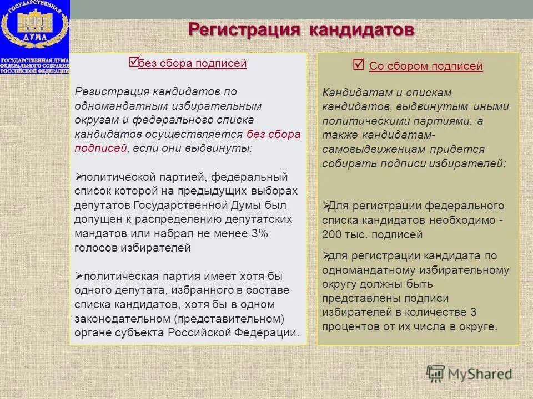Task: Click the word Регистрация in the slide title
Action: tap(243, 29)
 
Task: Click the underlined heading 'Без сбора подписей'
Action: tap(193, 64)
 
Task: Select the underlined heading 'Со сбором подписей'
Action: tap(426, 66)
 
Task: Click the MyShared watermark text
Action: tap(481, 374)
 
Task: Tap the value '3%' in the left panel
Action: tap(259, 234)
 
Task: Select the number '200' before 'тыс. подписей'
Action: tap(332, 234)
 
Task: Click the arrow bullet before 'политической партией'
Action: tap(78, 177)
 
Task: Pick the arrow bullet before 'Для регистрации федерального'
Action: tap(326, 206)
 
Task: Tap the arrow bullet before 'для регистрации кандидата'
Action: tap(326, 255)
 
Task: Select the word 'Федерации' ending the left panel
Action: tap(273, 333)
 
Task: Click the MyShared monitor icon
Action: tap(435, 373)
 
